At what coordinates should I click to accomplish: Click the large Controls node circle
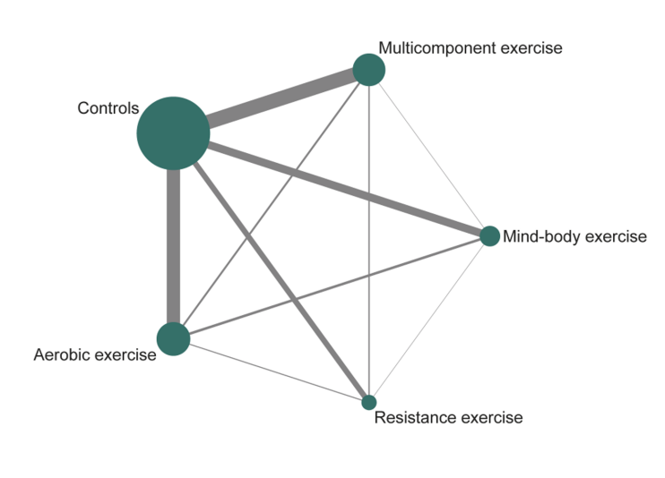173,133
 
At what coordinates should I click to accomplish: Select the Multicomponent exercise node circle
368,70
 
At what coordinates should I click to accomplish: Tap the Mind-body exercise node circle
489,236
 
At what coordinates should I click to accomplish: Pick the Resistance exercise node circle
368,402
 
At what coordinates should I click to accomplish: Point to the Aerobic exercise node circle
173,339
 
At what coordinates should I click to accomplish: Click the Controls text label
108,108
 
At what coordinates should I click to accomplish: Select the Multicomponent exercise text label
470,47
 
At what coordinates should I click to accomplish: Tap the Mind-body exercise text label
574,236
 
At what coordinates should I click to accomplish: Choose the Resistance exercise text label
448,417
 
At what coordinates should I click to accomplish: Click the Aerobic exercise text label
95,354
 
